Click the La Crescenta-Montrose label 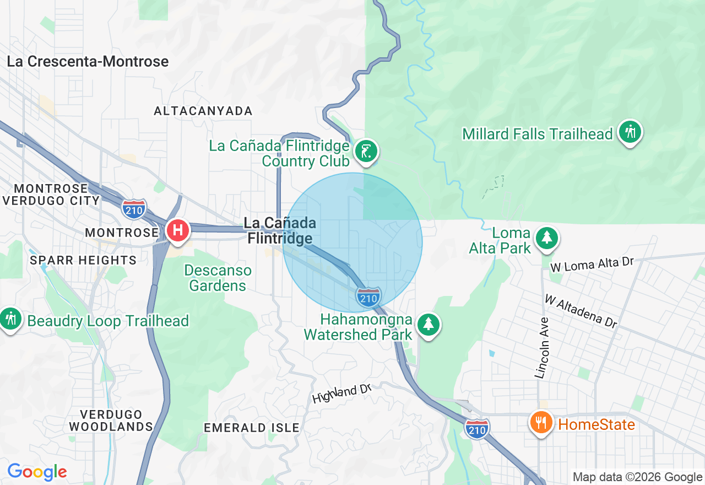coord(88,61)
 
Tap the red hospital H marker coord(178,229)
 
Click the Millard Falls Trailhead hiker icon coord(630,132)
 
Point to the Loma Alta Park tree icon coord(546,238)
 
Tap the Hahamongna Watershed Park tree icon coord(428,324)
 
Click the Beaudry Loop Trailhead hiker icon coord(10,319)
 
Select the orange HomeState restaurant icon coord(541,423)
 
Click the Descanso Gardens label coord(218,278)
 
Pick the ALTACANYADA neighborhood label coord(203,111)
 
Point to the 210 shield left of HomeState coord(476,428)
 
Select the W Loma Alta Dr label coord(592,264)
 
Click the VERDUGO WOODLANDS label coord(111,420)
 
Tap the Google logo coord(37,472)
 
